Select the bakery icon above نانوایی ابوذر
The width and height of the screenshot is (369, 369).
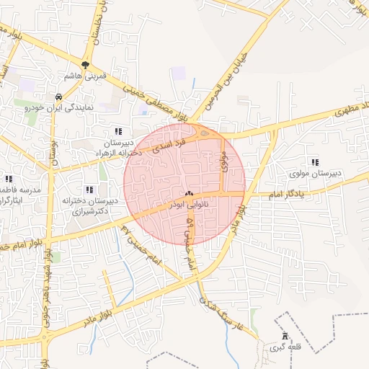[190, 193]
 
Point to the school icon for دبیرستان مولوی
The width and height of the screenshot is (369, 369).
[314, 163]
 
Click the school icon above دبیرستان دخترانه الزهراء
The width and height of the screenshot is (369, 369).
[118, 131]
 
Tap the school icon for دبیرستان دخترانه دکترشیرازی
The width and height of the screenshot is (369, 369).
[89, 190]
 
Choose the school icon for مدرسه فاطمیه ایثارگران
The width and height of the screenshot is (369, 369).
[9, 178]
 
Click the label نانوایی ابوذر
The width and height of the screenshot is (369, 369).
[189, 205]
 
